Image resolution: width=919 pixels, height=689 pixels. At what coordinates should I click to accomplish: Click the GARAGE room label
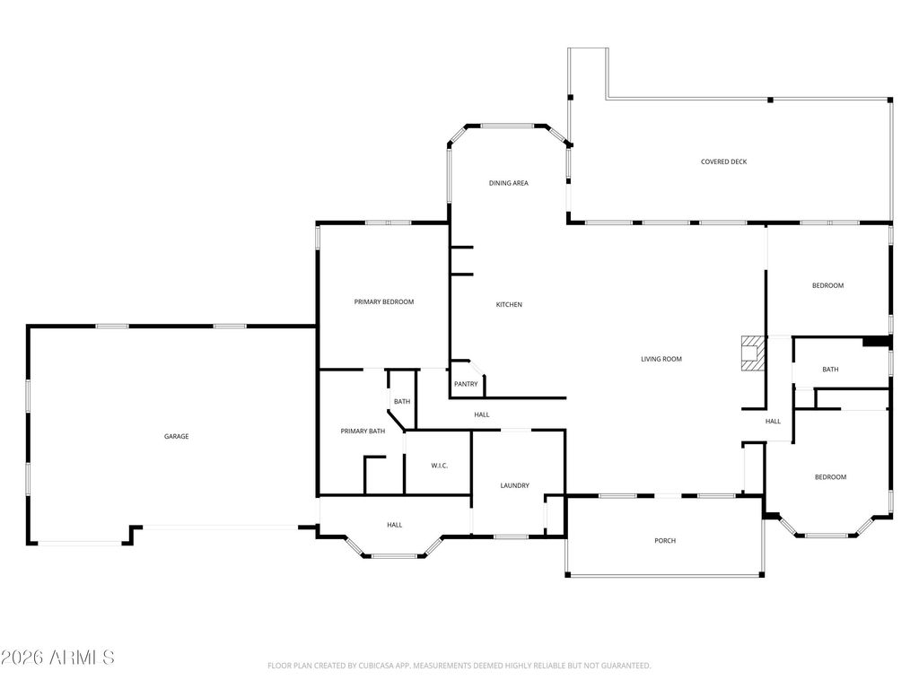coord(176,437)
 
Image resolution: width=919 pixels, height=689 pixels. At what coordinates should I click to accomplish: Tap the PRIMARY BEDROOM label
coord(383,302)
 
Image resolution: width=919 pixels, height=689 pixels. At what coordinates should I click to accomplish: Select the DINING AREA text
coord(508,183)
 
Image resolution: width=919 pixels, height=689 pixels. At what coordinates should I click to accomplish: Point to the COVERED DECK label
coord(723,162)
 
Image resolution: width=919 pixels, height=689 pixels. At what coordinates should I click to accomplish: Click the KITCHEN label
coord(509,305)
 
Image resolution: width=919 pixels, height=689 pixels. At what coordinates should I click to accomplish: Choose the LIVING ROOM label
coord(661,360)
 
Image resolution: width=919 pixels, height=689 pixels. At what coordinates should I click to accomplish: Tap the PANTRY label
coord(466,385)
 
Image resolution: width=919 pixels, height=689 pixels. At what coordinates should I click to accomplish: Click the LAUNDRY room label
coord(514,486)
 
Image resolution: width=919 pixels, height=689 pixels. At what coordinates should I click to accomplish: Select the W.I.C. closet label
coord(439,466)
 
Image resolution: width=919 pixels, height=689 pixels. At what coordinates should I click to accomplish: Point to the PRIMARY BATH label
coord(363,432)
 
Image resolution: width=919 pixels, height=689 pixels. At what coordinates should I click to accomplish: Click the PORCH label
coord(664,541)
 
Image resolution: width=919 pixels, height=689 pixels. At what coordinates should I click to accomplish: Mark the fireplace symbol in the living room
coord(750,353)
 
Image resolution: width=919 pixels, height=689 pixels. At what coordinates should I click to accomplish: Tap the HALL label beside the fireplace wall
coord(773,422)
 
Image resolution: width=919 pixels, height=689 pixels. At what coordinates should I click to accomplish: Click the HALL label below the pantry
coord(482,414)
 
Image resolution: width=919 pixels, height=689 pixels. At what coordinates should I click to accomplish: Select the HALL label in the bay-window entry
coord(394,526)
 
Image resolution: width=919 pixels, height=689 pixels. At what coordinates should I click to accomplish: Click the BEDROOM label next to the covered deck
coord(827,286)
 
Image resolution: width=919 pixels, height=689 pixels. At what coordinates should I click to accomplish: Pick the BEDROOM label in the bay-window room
coord(829,477)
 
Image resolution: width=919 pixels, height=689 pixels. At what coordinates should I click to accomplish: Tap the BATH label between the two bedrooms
coord(830,370)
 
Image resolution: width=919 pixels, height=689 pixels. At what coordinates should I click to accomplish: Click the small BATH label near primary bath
coord(401,402)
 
